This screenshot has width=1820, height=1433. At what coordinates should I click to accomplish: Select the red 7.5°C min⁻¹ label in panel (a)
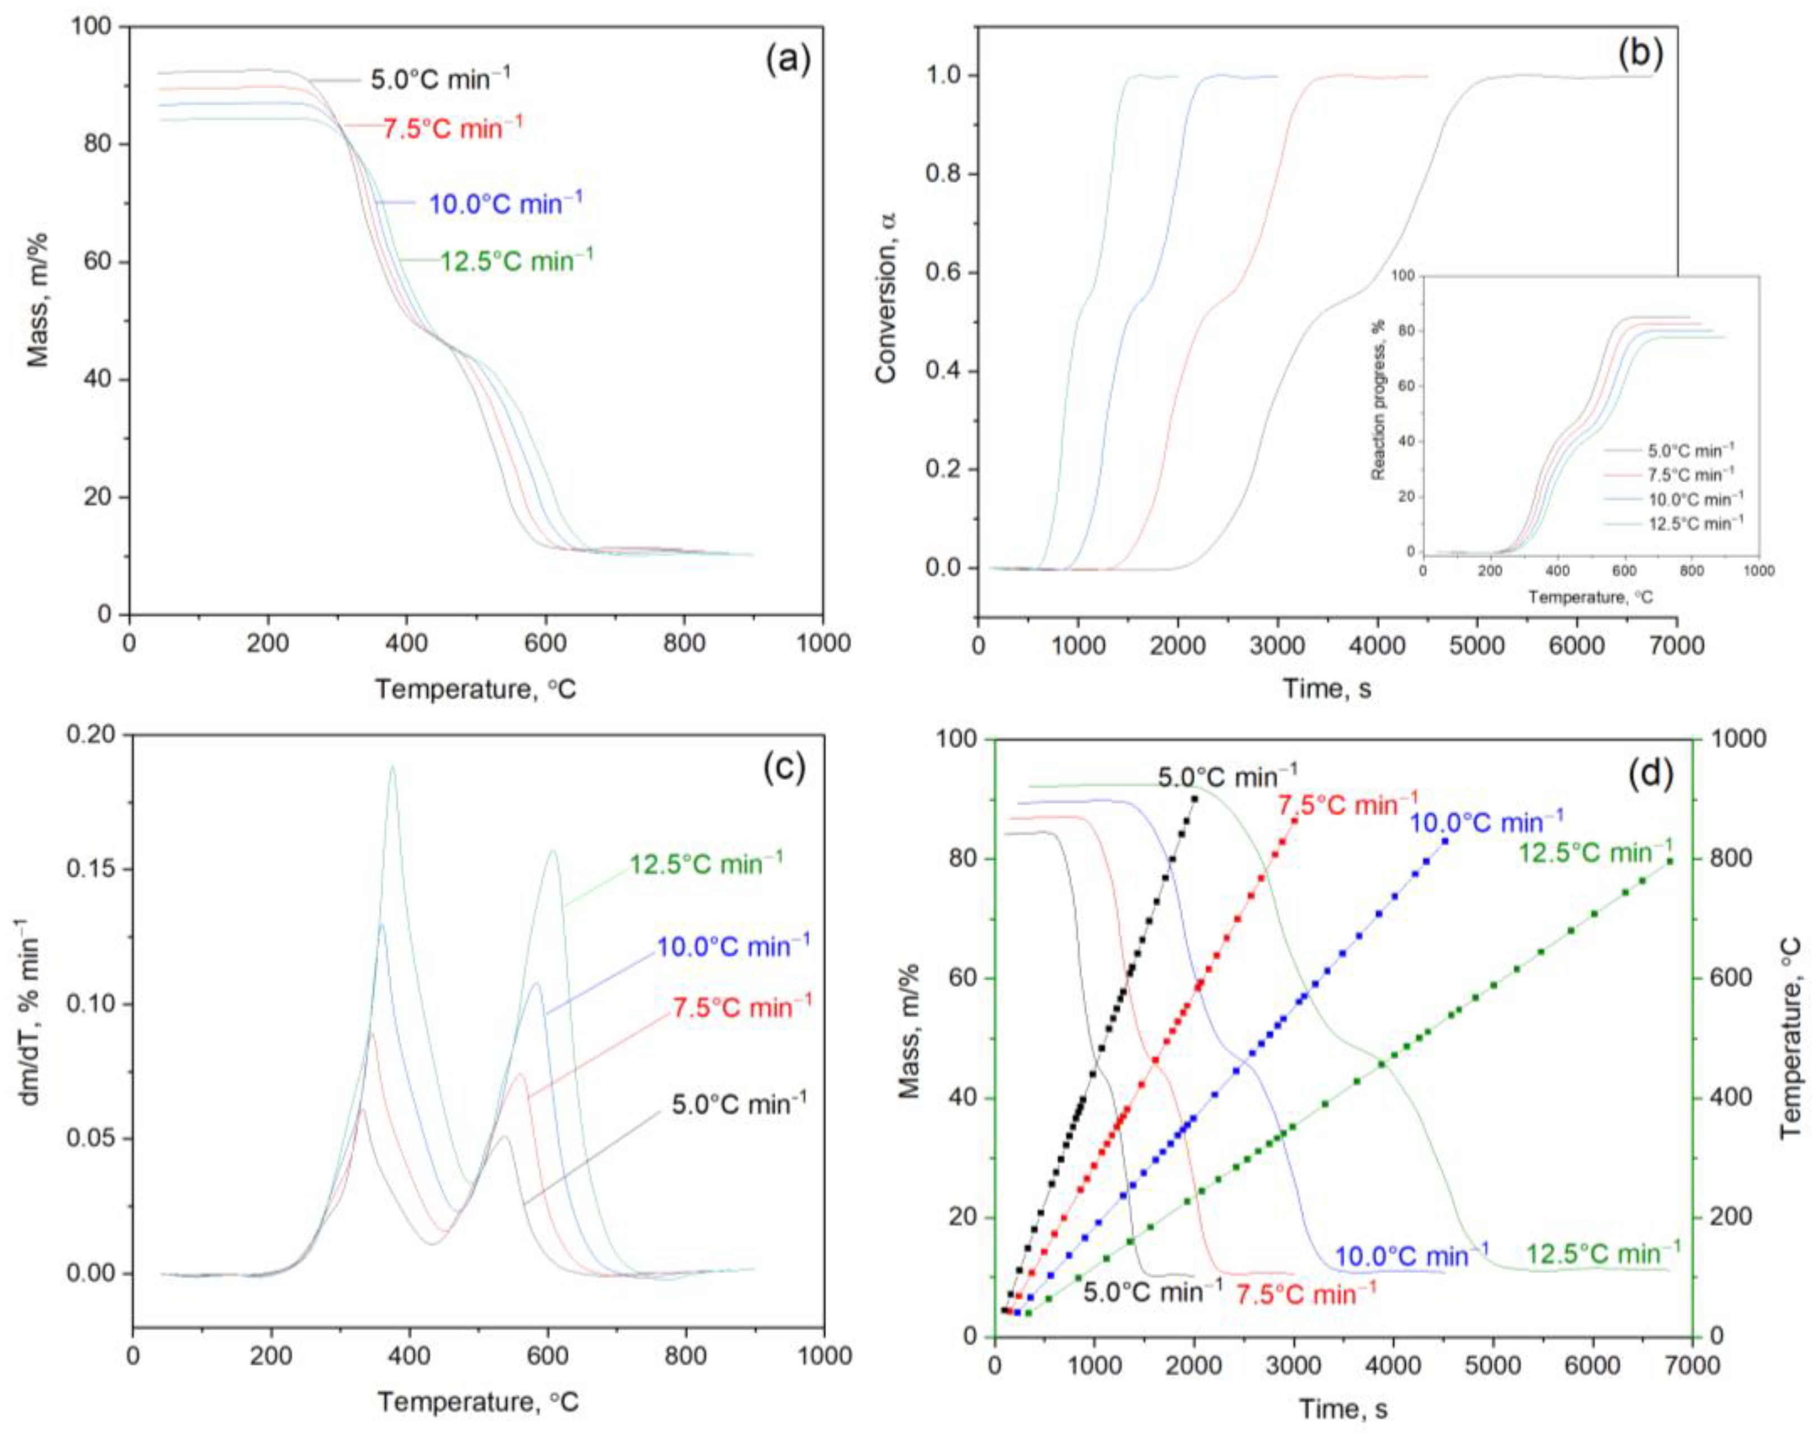453,128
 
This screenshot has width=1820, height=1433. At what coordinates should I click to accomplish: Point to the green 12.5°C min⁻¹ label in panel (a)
517,261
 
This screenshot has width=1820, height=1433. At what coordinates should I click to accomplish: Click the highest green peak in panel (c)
392,766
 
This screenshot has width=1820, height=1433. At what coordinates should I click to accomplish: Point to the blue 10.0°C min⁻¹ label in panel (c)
733,947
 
